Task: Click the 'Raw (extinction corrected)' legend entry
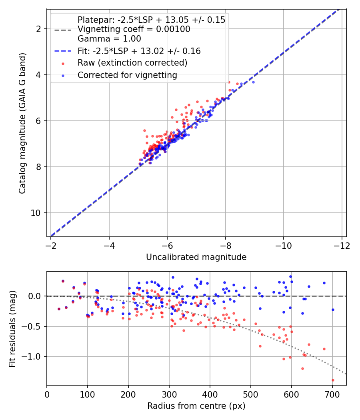pyautogui.click(x=132, y=63)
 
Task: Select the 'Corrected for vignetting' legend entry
pyautogui.click(x=127, y=75)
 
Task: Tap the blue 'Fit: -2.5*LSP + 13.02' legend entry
pyautogui.click(x=139, y=51)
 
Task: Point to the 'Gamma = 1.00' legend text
pyautogui.click(x=109, y=39)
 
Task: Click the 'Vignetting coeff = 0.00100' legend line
pyautogui.click(x=134, y=29)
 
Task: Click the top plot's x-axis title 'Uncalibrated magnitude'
pyautogui.click(x=196, y=257)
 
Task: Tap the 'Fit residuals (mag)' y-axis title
pyautogui.click(x=12, y=329)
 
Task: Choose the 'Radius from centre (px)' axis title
pyautogui.click(x=196, y=406)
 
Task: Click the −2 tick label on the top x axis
pyautogui.click(x=51, y=245)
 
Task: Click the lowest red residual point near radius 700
pyautogui.click(x=333, y=380)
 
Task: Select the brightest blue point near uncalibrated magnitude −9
pyautogui.click(x=253, y=82)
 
